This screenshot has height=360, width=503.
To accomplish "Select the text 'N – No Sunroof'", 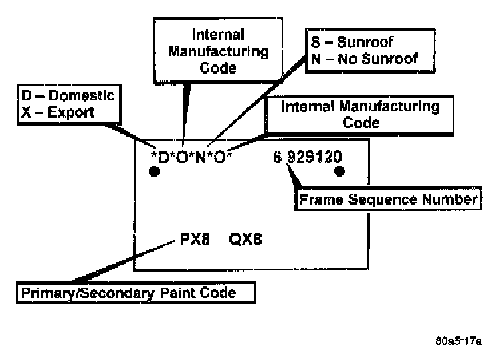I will pos(363,58).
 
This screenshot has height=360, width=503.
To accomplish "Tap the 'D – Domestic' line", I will pos(64,96).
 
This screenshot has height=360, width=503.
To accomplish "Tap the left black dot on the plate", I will pos(155,172).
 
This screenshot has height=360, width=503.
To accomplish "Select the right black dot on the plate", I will pos(340,171).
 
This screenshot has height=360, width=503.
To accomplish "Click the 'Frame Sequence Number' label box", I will pos(387,199).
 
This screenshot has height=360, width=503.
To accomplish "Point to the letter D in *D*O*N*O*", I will pos(163,158).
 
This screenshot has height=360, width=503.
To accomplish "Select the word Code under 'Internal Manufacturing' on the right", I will pos(361,123).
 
